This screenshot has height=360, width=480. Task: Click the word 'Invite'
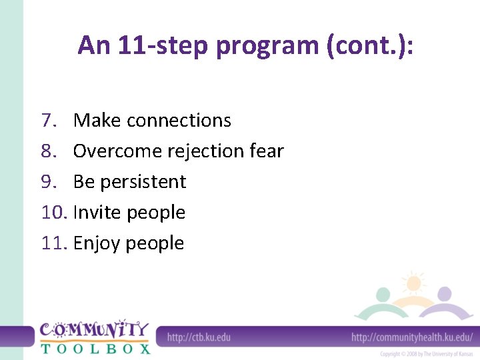pos(97,213)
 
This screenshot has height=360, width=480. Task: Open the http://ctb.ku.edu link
pos(199,337)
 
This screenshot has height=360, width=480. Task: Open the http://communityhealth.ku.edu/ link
pos(412,337)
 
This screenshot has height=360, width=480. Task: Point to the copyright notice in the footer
pos(427,353)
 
